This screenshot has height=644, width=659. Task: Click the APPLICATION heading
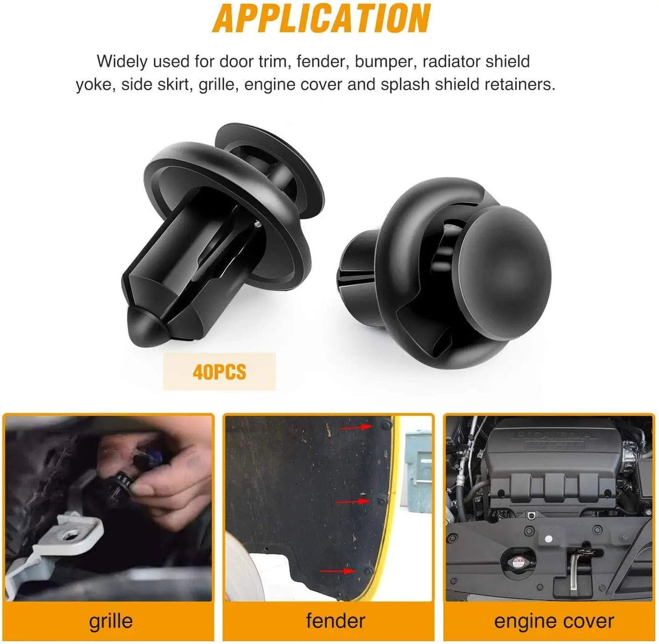[x=321, y=18]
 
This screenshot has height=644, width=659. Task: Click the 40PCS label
[x=219, y=372]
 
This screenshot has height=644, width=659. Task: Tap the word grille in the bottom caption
[x=110, y=621]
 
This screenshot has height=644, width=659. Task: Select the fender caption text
[x=335, y=620]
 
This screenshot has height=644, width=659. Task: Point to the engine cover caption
[x=554, y=621]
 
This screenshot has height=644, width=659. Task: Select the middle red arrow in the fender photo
[x=353, y=501]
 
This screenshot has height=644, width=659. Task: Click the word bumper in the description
[x=386, y=62]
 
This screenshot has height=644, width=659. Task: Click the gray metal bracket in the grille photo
[x=58, y=542]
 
